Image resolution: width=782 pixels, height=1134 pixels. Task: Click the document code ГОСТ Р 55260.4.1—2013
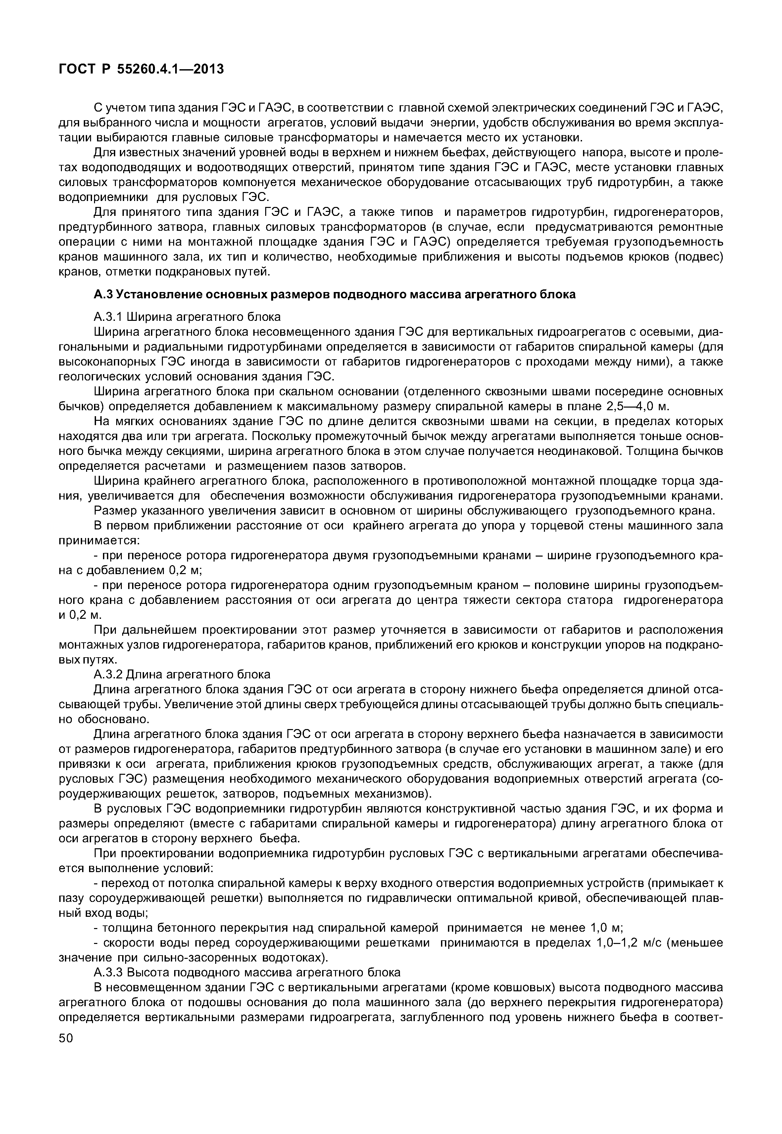tap(141, 69)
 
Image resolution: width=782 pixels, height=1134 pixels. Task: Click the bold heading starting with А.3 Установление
tap(335, 295)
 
